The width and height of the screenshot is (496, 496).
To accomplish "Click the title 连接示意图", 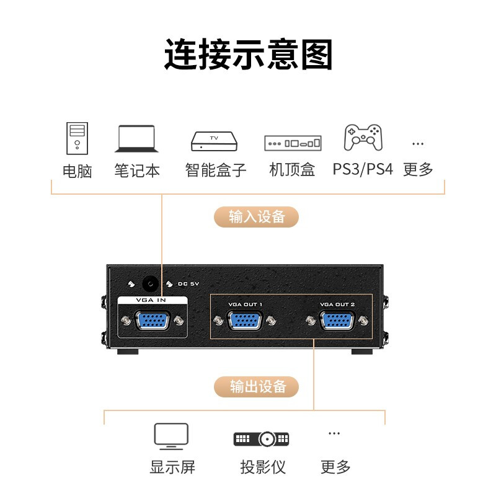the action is point(249,54).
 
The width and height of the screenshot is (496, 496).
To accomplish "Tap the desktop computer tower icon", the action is point(77,138).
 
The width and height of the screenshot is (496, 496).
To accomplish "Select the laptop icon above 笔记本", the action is point(136,138).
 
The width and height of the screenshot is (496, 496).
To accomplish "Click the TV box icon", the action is point(214,141).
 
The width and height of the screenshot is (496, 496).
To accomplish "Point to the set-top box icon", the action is point(293,143).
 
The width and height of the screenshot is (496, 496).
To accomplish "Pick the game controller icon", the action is point(363,137).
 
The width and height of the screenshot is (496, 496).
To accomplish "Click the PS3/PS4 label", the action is point(363,169).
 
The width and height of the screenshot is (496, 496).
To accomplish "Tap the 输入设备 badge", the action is point(257,217).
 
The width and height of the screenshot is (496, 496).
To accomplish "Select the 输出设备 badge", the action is point(257,386).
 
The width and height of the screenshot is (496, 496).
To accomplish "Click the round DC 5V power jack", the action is point(150,284).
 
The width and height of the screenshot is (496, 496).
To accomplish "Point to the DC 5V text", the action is point(188,284).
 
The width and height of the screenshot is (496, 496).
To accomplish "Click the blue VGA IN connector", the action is point(153,320).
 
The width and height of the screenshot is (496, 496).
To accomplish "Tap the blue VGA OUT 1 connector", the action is point(244,321).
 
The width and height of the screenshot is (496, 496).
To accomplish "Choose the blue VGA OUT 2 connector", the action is point(337,321).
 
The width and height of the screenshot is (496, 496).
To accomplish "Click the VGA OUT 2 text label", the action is point(337,304).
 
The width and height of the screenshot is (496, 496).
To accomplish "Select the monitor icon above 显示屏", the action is point(171,436).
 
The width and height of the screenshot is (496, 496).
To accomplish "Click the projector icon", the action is point(261,439).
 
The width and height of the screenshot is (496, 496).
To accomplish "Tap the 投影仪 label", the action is point(263,467).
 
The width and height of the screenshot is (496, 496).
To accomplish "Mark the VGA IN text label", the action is point(151,300).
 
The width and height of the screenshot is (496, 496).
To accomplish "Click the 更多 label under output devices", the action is point(335,467).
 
